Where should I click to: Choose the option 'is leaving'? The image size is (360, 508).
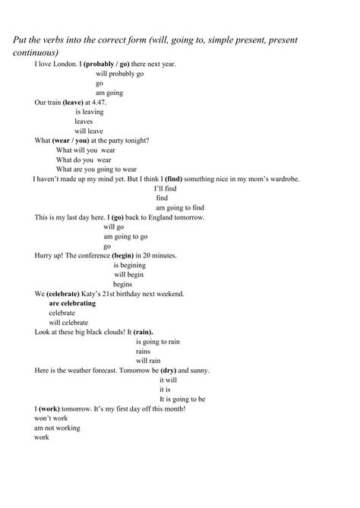pos(90,112)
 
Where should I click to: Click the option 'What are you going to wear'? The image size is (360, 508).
pos(96,169)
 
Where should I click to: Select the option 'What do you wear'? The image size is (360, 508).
pos(84,159)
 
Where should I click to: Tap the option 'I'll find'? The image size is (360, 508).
pos(166,188)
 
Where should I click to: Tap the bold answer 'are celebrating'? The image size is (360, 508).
pos(72,303)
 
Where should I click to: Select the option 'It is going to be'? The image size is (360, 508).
pos(182,399)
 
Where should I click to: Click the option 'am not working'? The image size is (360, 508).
pos(57,428)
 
